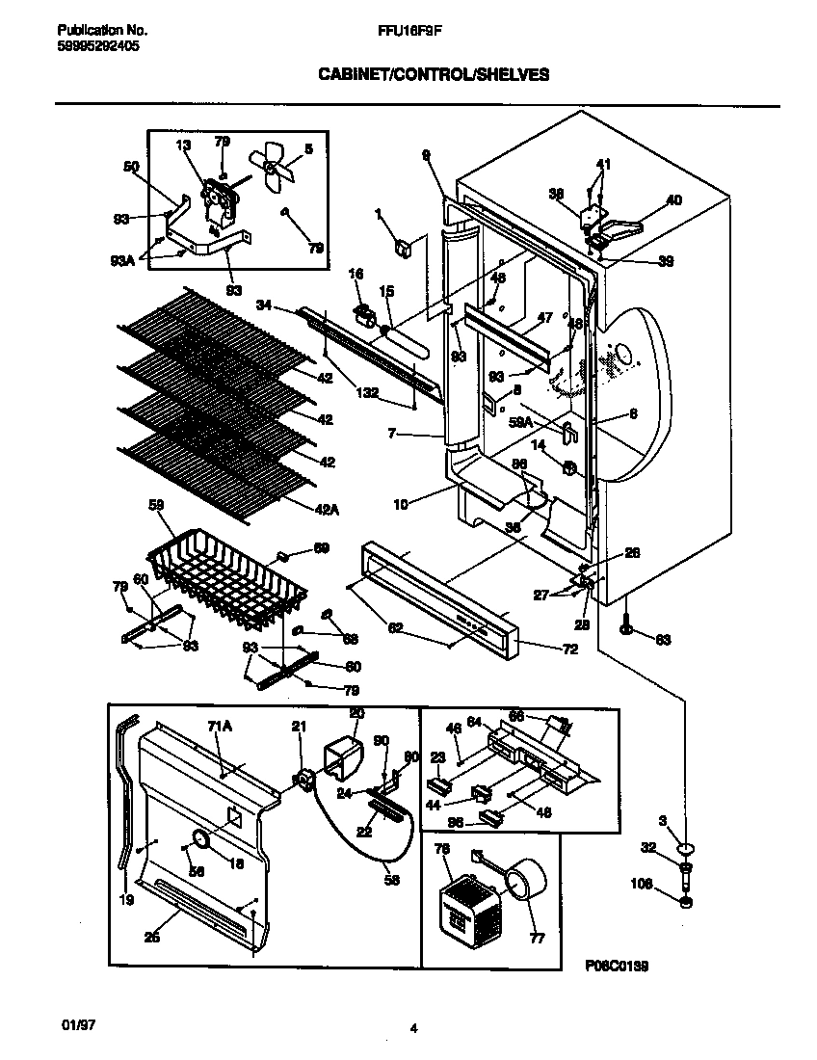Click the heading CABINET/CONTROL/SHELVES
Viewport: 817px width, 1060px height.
tap(434, 75)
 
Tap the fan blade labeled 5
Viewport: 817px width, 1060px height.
tap(271, 166)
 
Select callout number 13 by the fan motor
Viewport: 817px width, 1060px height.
tap(183, 145)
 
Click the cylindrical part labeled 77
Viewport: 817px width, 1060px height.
tap(523, 880)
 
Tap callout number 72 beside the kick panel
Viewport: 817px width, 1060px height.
tap(569, 649)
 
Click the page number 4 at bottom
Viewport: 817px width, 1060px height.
tap(413, 1029)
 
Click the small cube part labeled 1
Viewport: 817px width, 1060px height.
tap(404, 247)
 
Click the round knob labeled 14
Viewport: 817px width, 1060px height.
tap(568, 469)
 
